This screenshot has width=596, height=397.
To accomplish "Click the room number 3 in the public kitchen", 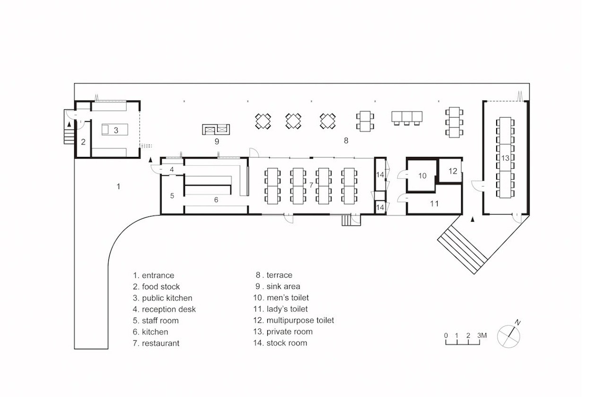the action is (116, 130).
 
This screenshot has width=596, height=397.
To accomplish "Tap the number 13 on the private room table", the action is (505, 158).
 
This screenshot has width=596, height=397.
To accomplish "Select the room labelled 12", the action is (453, 171).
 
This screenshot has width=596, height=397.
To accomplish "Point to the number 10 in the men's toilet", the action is (422, 176).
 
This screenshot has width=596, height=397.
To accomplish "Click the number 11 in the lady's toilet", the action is (434, 204).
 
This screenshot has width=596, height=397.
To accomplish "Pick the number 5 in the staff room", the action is (172, 196).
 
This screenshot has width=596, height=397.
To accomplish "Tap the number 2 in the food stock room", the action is (83, 142).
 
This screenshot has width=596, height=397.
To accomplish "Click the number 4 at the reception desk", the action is (172, 169).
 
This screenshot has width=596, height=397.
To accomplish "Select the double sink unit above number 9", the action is (216, 129).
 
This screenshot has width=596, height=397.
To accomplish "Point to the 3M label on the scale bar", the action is (482, 335).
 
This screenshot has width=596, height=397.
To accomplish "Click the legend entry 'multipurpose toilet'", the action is (300, 320).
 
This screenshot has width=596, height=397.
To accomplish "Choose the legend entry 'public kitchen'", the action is (167, 298).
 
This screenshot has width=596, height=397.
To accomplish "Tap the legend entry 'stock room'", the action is (287, 343).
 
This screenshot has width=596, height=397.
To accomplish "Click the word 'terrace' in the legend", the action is (280, 275).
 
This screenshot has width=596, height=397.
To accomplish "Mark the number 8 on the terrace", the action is (346, 141).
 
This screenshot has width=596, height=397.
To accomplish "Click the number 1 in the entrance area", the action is (118, 186).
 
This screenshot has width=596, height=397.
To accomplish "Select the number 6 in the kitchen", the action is (216, 200).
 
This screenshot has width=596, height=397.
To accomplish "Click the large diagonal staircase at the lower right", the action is (463, 250).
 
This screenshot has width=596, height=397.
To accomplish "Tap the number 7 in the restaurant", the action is (311, 185).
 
